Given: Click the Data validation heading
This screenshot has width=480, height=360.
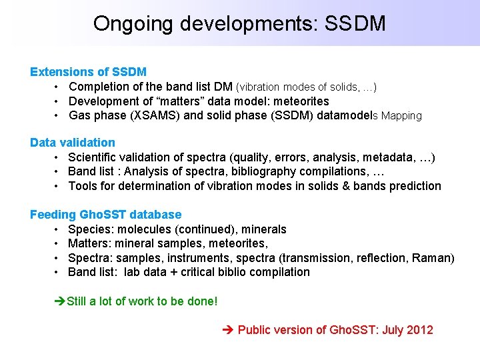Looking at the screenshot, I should tap(73, 143).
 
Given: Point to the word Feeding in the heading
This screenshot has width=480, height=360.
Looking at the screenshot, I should tap(53, 215).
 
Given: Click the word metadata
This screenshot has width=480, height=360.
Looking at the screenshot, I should tap(389, 157).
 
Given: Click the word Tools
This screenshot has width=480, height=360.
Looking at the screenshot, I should tap(83, 186).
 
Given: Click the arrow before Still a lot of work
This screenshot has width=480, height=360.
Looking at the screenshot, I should tap(59, 301).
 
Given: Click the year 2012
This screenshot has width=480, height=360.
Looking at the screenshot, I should tap(419, 330).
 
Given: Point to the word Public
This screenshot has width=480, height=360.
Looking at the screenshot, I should tap(254, 330).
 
